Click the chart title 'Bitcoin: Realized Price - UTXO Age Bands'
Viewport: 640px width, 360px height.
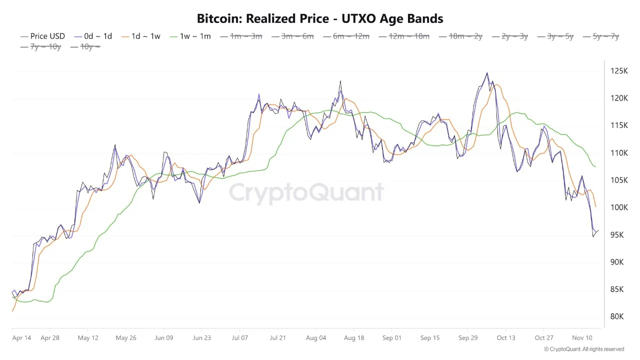[x=320, y=19]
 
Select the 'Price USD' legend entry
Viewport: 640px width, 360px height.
[x=47, y=36]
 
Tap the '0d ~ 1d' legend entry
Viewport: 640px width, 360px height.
[x=98, y=36]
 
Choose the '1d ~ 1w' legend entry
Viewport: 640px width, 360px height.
[x=145, y=36]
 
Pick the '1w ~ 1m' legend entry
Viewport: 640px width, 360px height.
[x=195, y=36]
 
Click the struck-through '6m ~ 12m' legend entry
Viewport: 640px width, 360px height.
[x=351, y=36]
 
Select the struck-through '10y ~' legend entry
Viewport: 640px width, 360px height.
[x=90, y=46]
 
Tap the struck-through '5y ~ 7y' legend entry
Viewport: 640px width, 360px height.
[x=605, y=36]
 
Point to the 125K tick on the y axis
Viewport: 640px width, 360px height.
[x=618, y=71]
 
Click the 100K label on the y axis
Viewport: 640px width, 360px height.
[x=618, y=207]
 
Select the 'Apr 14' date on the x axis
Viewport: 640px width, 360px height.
[x=21, y=338]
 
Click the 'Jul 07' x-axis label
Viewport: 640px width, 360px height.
[x=240, y=338]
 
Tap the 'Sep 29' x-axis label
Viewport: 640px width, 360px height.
[x=468, y=338]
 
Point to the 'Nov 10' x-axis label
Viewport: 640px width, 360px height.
[x=582, y=338]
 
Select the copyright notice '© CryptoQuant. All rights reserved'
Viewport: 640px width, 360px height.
[x=583, y=349]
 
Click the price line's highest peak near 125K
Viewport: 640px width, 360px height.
[x=487, y=73]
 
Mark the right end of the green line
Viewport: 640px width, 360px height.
[x=595, y=167]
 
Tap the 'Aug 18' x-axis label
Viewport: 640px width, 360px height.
[x=354, y=338]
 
